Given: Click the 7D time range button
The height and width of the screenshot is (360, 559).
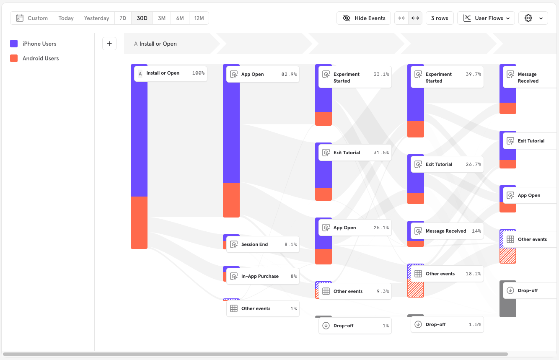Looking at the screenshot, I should coord(123,18).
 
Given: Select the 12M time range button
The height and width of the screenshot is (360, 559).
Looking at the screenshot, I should coord(199,18).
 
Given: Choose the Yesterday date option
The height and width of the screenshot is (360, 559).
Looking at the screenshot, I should coord(96,18).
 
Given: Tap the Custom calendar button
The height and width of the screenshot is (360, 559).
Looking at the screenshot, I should coord(32,18).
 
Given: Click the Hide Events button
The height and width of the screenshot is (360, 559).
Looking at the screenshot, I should coord(364,18).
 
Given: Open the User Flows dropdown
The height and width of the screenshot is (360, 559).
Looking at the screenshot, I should coord(486,18).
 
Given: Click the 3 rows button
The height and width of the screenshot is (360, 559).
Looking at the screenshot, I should coord(440,18).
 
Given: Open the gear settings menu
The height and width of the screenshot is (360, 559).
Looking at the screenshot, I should coord(533,18).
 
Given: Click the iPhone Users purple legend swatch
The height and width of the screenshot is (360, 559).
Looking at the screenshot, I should coord(14,44).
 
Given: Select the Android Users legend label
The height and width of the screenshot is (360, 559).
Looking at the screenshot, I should coord(41,58).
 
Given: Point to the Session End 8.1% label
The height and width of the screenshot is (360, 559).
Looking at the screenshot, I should coord(263,244).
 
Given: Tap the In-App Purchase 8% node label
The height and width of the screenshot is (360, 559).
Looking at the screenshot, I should coord(263,276).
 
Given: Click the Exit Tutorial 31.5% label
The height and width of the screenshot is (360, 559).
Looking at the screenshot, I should coord(355,153).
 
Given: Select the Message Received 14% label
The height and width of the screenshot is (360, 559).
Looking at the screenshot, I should coord(447,231).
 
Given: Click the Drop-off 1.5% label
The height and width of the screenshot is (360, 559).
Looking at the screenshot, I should coord(447,324).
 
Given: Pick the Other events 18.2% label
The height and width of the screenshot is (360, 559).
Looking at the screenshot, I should coord(447,274).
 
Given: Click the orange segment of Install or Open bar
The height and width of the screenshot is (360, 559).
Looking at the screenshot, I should coord(139,222).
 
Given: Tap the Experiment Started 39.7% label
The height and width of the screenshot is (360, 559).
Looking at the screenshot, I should coord(447,77).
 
